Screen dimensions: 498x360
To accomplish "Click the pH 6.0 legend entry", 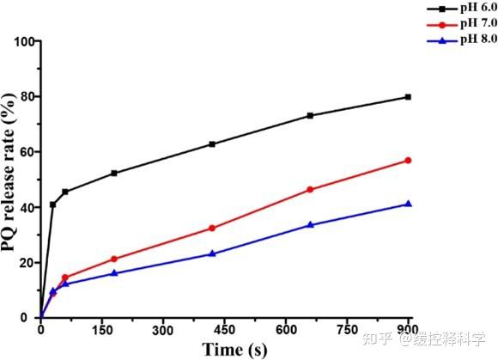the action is coord(462,9).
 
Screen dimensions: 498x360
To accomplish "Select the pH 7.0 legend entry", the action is coord(462,24).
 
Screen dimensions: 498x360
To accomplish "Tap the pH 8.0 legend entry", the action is coord(462,40).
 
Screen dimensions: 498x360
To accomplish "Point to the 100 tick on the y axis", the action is coord(24,41).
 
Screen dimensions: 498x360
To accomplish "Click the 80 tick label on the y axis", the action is coord(28,96).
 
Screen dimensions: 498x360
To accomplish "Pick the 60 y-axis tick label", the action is coord(28,152).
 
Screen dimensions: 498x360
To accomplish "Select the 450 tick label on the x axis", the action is coord(225,331).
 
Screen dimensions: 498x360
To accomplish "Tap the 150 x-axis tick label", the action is coord(101,331).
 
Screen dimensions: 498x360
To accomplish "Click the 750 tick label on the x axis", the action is coord(347,331).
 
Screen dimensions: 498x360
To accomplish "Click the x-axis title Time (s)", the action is coord(234,350).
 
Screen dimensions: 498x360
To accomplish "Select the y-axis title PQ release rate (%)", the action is coord(9,172).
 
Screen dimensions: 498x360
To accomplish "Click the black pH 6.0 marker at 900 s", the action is coord(408,97).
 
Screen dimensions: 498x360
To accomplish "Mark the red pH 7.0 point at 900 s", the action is coord(408,161).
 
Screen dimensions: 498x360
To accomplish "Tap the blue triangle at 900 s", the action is coord(409,204).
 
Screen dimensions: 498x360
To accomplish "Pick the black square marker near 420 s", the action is coord(212,144).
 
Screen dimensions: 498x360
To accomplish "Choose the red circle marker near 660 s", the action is coord(310,190).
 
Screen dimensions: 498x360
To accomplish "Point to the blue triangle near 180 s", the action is coord(114,273).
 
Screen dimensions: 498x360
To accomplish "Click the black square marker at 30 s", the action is coord(52,205).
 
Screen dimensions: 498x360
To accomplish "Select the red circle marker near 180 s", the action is coord(114,259).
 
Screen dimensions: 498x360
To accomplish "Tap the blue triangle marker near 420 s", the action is coord(212,253).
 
